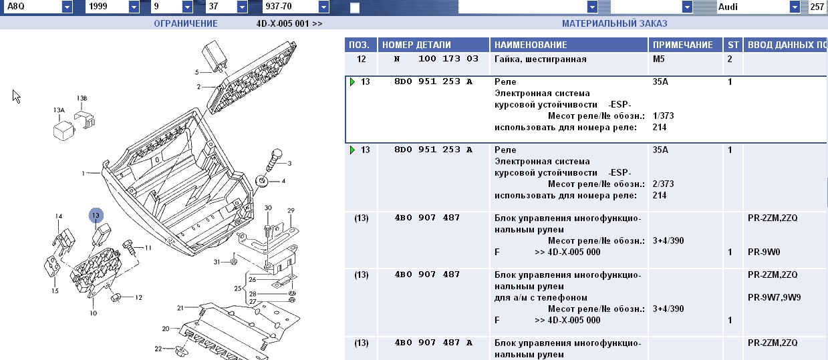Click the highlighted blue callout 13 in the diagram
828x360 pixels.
coord(96,215)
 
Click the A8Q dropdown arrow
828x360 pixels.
coord(67,7)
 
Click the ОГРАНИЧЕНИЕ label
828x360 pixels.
coord(186,23)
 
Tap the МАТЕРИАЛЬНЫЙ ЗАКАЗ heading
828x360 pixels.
coord(614,23)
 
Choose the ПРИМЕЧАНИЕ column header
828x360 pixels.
coord(682,45)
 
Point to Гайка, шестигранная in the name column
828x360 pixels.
coord(540,59)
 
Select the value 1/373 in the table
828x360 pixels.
coord(664,116)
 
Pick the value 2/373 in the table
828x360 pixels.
coord(664,184)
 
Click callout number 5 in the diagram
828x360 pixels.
coord(197,72)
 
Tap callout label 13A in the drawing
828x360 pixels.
coord(59,110)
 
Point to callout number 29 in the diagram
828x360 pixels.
coord(291,211)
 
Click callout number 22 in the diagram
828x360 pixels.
coord(158,349)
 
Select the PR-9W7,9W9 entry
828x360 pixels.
coord(774,297)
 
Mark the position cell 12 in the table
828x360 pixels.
coord(362,59)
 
